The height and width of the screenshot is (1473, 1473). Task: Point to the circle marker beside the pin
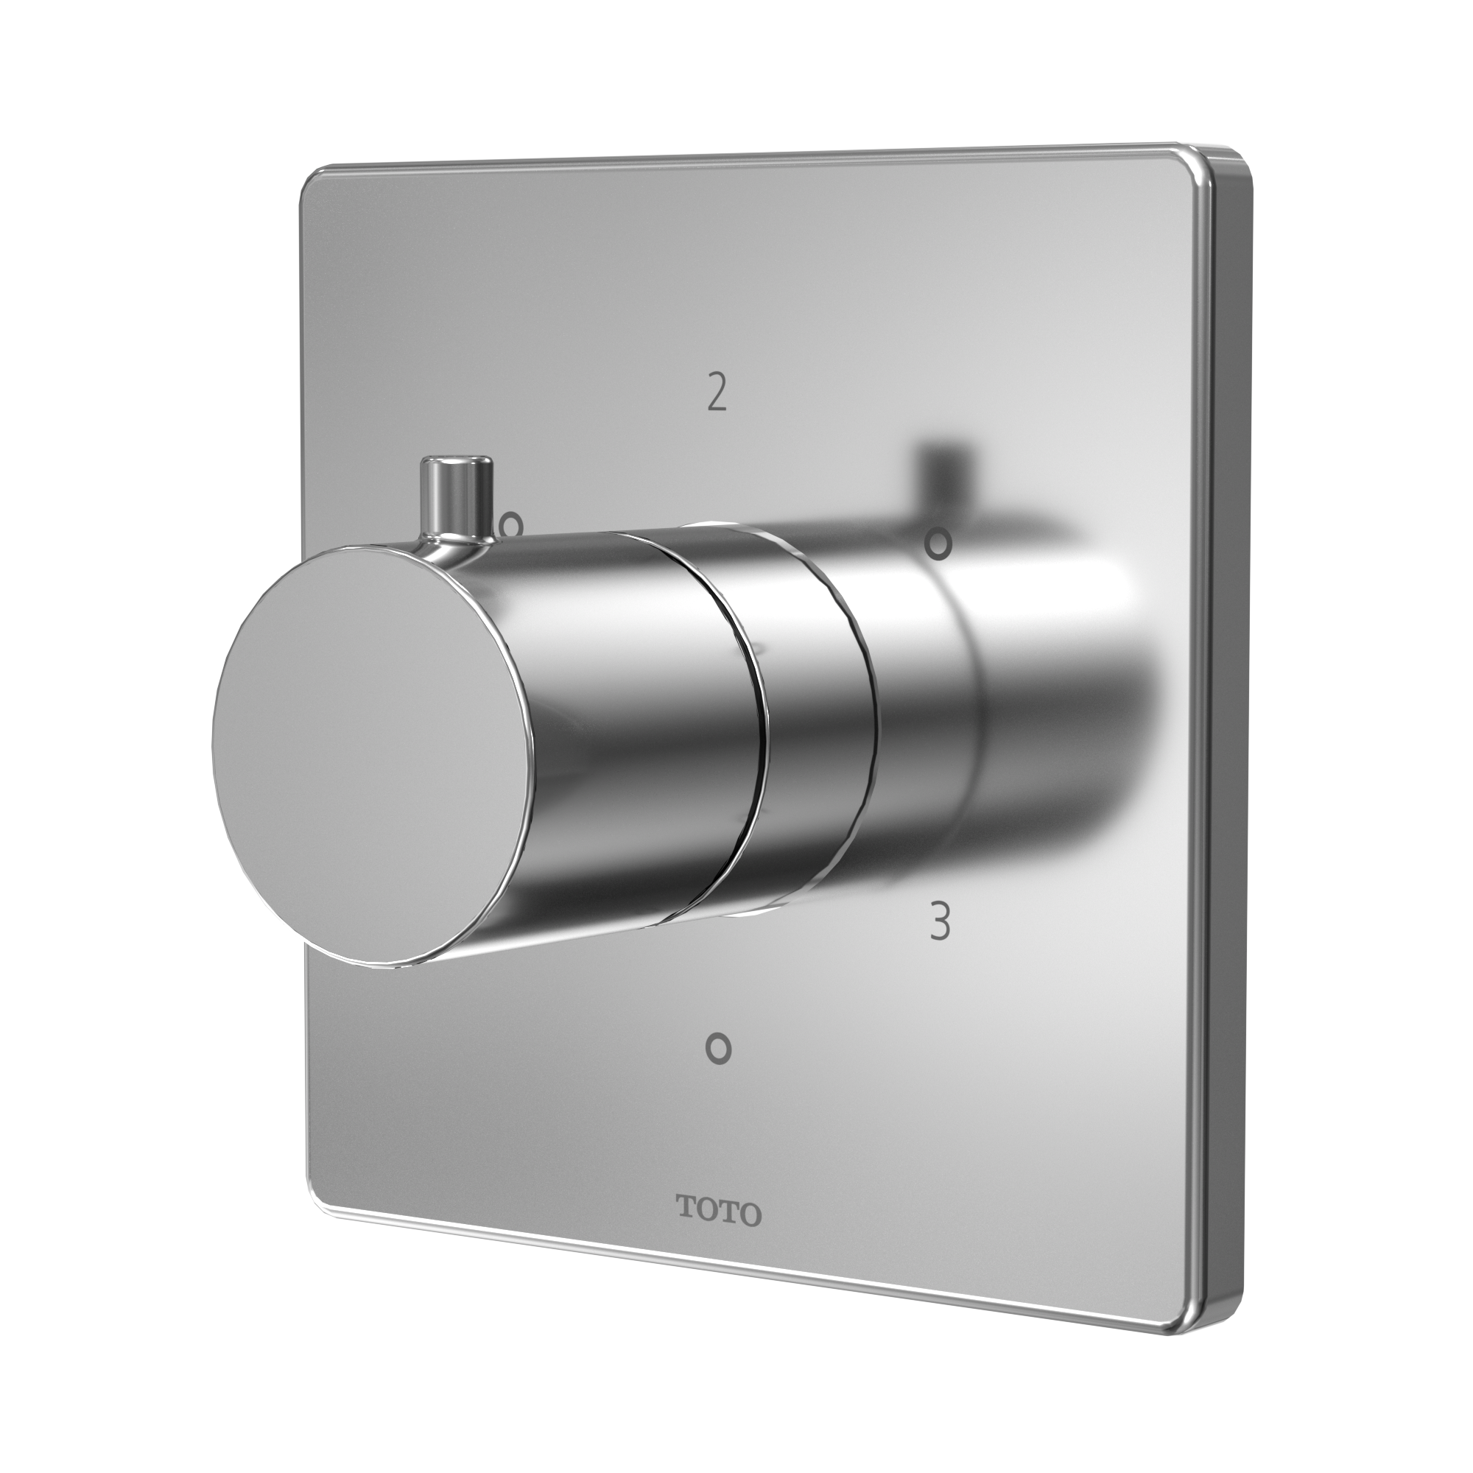point(511,524)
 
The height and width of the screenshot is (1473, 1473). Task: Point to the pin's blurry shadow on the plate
point(941,465)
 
